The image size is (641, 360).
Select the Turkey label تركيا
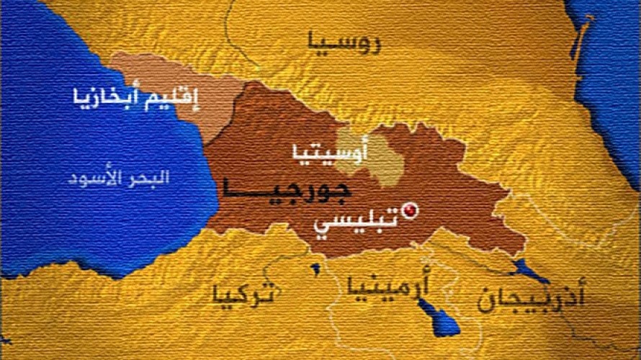pyautogui.click(x=243, y=294)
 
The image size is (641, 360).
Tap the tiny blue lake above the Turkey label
pyautogui.click(x=315, y=269)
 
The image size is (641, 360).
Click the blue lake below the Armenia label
pyautogui.click(x=439, y=317)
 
